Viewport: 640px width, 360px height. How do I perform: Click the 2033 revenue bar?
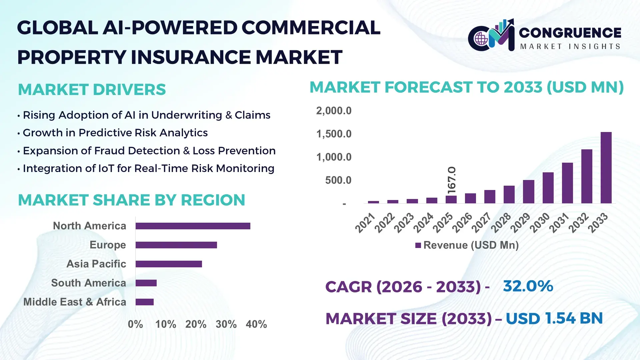[606, 168]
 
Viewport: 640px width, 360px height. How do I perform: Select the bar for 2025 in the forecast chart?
[451, 199]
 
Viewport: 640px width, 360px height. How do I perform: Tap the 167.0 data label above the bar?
[451, 180]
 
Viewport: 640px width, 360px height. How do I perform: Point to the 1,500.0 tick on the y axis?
[334, 134]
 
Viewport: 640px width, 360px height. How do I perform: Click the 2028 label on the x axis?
[501, 223]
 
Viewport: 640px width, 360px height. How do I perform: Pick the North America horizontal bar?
[193, 226]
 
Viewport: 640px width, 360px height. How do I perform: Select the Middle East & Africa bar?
[145, 302]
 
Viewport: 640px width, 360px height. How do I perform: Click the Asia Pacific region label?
[96, 264]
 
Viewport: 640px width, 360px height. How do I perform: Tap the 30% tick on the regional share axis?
[226, 324]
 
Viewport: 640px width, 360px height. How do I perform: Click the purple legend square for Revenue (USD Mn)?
[418, 245]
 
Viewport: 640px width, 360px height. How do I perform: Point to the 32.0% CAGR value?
[528, 286]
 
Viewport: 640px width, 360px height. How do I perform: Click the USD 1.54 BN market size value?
[554, 318]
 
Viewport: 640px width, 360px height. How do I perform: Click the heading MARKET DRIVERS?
[92, 89]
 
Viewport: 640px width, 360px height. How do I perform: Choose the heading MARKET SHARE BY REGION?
[132, 200]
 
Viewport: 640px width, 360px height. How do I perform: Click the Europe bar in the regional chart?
[176, 245]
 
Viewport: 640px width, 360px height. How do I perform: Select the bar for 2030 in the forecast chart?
[548, 188]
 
